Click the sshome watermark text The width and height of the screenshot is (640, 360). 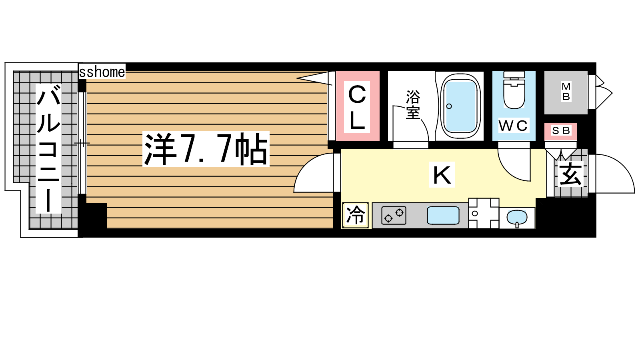(102, 72)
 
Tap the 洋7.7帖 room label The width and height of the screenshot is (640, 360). (206, 149)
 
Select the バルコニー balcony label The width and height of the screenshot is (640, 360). (48, 148)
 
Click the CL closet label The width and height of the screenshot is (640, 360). (357, 107)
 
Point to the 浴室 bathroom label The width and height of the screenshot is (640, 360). (413, 105)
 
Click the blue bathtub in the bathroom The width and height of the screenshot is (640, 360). (460, 106)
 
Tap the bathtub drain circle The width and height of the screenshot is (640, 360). (449, 106)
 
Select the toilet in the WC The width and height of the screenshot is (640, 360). (514, 90)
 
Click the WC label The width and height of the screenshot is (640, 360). (513, 126)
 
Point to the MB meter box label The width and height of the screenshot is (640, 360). (566, 92)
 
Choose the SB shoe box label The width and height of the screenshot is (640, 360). (561, 131)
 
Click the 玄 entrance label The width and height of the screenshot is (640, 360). (570, 175)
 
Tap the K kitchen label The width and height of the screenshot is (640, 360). (442, 175)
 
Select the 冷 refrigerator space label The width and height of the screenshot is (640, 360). (356, 215)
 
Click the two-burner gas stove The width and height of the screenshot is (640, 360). (394, 216)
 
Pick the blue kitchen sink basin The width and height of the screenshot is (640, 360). (443, 216)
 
